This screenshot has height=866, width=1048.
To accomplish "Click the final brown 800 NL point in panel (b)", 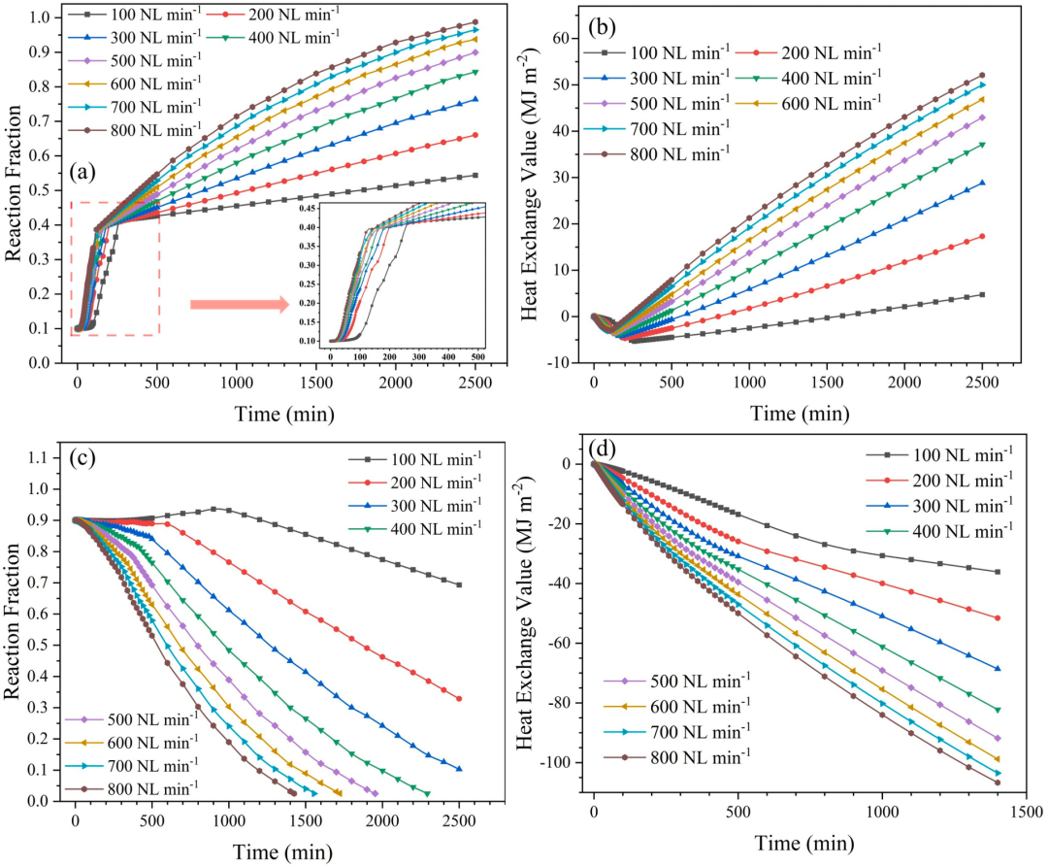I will point(982,75).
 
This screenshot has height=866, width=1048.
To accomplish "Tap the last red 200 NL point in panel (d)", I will point(997,618).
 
